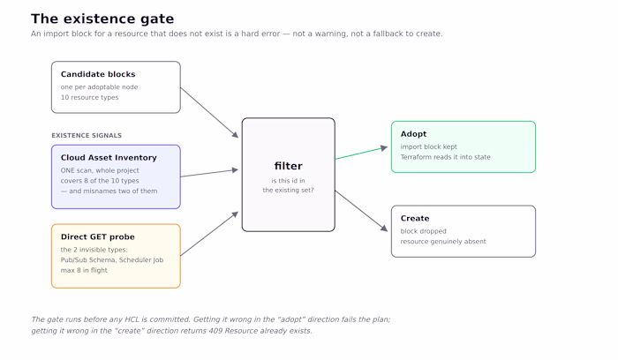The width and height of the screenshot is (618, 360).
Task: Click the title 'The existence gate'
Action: click(102, 19)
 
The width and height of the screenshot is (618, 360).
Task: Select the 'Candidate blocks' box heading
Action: click(98, 74)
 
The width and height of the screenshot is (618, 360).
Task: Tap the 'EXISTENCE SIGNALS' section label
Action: click(87, 136)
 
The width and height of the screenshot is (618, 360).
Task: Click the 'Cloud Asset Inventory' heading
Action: click(109, 158)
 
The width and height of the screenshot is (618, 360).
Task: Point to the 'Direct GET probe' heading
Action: click(98, 236)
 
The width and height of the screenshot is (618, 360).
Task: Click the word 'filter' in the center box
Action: click(288, 166)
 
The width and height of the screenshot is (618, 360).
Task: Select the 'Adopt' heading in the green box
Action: click(413, 134)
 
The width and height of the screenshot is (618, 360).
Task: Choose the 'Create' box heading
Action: click(415, 218)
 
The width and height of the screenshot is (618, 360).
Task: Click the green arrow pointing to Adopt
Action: click(361, 154)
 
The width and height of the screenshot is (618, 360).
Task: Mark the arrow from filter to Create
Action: click(361, 211)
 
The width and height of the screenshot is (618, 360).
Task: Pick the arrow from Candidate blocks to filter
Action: click(210, 113)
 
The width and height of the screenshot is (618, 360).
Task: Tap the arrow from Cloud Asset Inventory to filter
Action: click(210, 173)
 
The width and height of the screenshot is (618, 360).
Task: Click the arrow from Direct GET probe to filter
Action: click(210, 234)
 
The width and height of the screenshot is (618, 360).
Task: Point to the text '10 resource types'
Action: click(89, 97)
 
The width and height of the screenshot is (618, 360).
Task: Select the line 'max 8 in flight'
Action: click(84, 270)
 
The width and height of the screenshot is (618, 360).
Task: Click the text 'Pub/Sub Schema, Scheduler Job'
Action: click(112, 260)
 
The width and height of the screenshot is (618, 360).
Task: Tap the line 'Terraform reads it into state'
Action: click(445, 157)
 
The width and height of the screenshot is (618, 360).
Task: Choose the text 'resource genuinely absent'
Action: click(443, 242)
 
